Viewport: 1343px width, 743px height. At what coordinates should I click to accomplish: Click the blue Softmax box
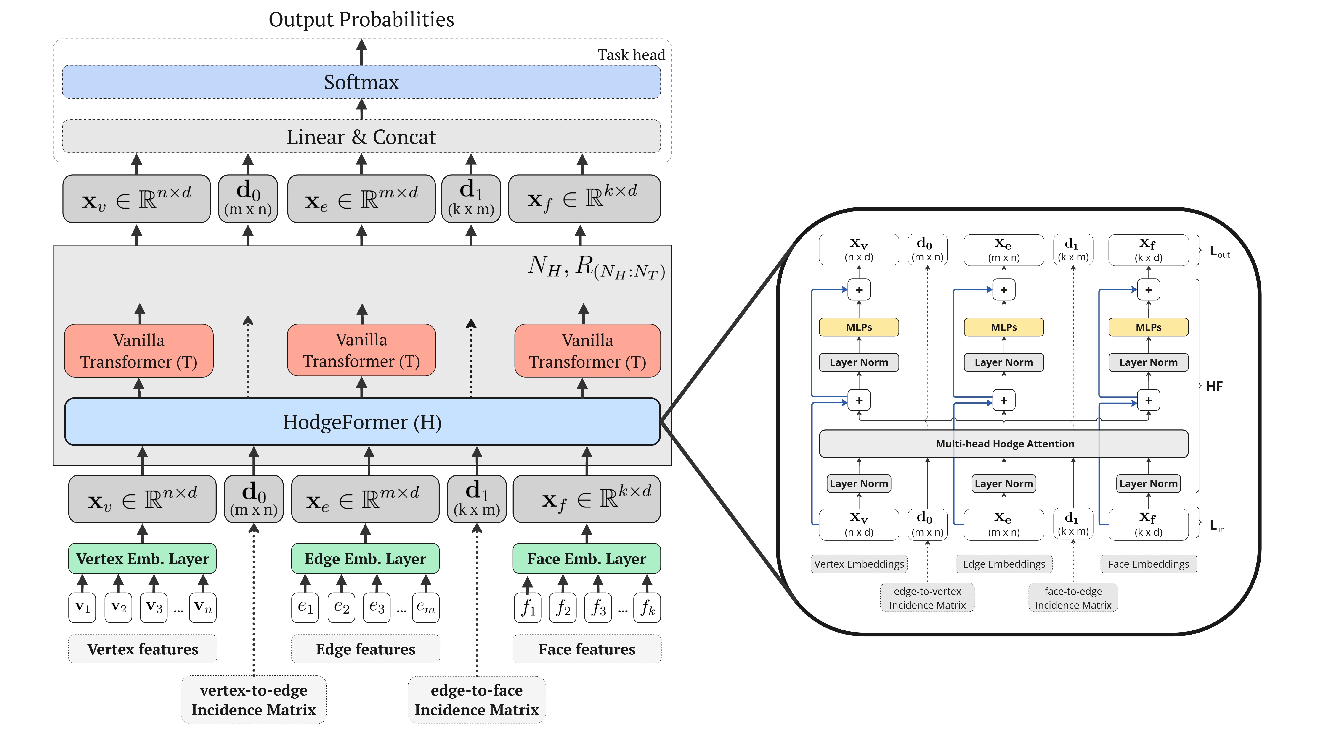point(361,82)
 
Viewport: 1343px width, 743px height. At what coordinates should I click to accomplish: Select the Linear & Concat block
point(361,137)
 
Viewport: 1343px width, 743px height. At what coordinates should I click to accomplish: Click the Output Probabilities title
point(361,19)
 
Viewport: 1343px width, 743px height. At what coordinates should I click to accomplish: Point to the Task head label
point(631,55)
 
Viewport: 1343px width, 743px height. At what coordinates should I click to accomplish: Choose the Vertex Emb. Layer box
point(142,559)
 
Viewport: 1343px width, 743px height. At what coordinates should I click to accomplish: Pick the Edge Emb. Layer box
point(365,559)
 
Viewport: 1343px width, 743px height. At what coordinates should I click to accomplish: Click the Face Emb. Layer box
point(587,559)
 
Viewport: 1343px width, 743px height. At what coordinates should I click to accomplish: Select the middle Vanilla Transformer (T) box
point(361,350)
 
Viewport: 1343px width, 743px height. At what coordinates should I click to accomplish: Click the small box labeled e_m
point(425,607)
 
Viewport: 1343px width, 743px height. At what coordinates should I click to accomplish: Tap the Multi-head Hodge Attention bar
point(1004,444)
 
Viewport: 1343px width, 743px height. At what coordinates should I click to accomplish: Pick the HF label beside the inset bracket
point(1214,386)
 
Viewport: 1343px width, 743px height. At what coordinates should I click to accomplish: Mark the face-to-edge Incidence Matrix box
point(1073,598)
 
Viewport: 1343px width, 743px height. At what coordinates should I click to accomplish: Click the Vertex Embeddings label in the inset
point(859,564)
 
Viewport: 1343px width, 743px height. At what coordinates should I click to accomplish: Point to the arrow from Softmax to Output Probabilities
point(361,52)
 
